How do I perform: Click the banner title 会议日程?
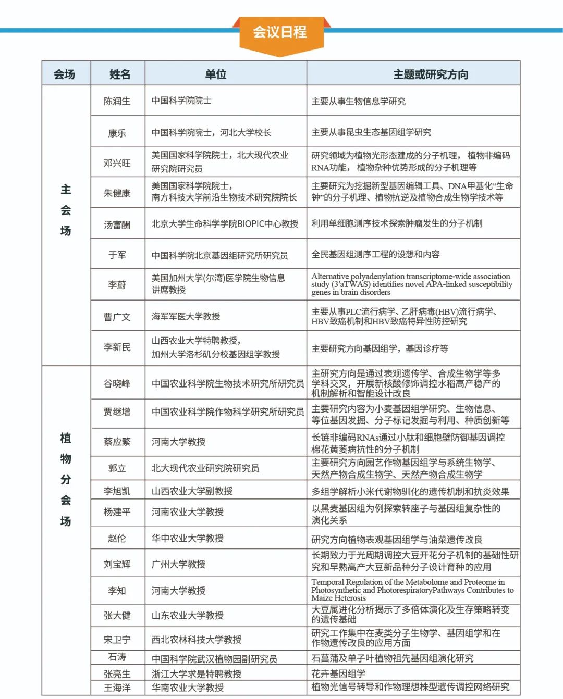pyautogui.click(x=280, y=32)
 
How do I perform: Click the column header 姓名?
pyautogui.click(x=119, y=74)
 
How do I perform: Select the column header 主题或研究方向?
pyautogui.click(x=430, y=74)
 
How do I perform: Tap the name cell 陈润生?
pyautogui.click(x=117, y=101)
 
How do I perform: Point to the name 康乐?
pyautogui.click(x=117, y=133)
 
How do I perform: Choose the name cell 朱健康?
pyautogui.click(x=117, y=193)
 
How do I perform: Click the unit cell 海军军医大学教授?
pyautogui.click(x=186, y=316)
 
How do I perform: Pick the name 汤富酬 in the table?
pyautogui.click(x=117, y=225)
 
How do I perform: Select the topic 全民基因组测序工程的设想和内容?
pyautogui.click(x=375, y=254)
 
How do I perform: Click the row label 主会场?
pyautogui.click(x=66, y=210)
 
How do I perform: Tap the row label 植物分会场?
pyautogui.click(x=66, y=479)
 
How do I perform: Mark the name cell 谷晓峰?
pyautogui.click(x=117, y=384)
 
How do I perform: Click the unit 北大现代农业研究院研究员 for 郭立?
pyautogui.click(x=205, y=468)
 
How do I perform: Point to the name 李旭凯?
pyautogui.click(x=117, y=491)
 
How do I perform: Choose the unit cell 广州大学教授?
pyautogui.click(x=178, y=564)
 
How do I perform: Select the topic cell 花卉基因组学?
pyautogui.click(x=338, y=673)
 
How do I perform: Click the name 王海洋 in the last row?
pyautogui.click(x=117, y=688)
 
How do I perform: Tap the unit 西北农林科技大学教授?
pyautogui.click(x=196, y=640)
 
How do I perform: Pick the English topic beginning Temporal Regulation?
pyautogui.click(x=412, y=590)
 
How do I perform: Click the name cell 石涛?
pyautogui.click(x=117, y=657)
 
